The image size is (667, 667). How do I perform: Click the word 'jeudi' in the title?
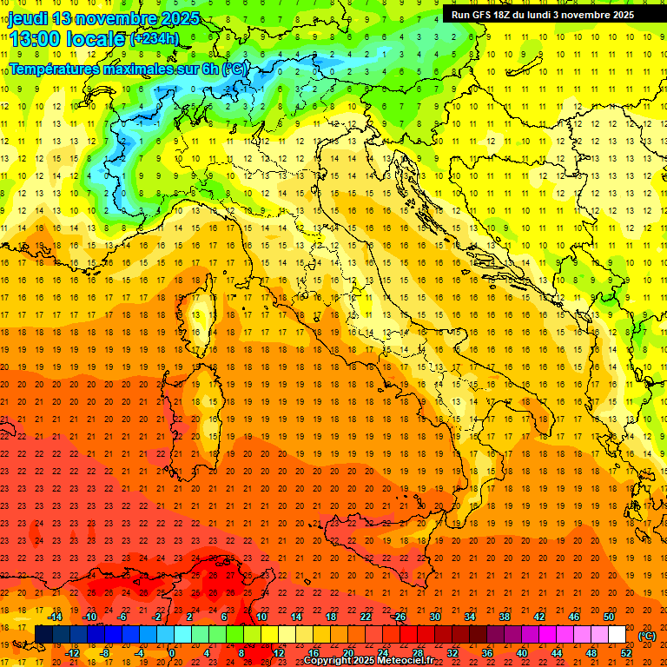tap(28, 18)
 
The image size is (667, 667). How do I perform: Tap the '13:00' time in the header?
tap(36, 39)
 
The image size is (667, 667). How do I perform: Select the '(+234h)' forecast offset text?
tap(154, 39)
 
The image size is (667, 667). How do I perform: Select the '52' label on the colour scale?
tap(625, 653)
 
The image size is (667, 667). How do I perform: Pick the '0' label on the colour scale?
tap(171, 653)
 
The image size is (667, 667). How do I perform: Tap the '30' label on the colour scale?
tap(434, 617)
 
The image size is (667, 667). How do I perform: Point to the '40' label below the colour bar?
tap(521, 653)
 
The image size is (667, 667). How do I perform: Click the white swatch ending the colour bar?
tap(617, 634)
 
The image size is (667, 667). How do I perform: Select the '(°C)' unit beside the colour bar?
tap(647, 636)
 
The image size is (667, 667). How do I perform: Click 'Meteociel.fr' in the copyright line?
tap(406, 661)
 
